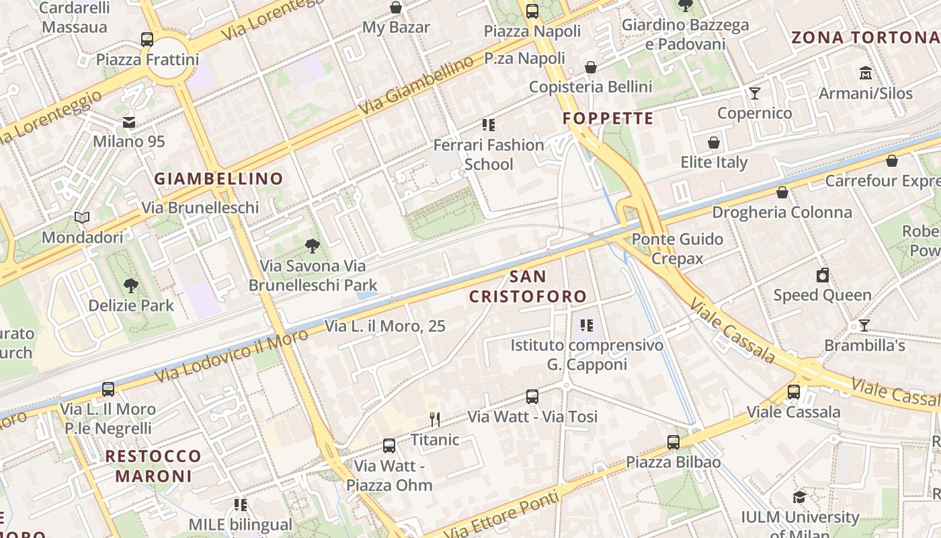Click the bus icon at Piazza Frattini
coord(147,39)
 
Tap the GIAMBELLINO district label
coord(218,179)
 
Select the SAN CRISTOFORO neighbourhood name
coord(528,286)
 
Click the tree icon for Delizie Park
coord(131,286)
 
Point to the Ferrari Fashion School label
coord(489,154)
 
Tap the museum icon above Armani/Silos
coord(866,73)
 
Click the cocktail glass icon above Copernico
coord(755,93)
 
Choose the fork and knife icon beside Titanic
coord(435,420)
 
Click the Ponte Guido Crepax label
coord(677,249)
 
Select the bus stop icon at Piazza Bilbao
coord(673,442)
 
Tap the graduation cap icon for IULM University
coord(799,497)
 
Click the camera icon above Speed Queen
coord(822,275)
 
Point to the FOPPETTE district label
coord(608,119)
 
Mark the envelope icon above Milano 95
coord(128,122)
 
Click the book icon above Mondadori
coord(82,218)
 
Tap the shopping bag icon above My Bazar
coord(396,7)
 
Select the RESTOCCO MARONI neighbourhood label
coord(153,466)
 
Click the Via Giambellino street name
coord(416,85)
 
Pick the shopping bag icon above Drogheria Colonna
coord(782,193)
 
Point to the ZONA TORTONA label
coord(866,38)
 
